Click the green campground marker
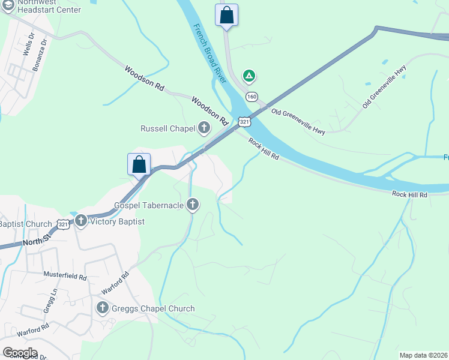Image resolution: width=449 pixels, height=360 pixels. click(x=249, y=76)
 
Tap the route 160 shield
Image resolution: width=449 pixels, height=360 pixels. click(x=252, y=97)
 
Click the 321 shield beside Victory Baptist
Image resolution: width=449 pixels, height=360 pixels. click(x=63, y=224)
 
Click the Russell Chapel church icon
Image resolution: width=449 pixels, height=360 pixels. click(x=204, y=127)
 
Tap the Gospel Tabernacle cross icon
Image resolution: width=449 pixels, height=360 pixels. click(x=193, y=205)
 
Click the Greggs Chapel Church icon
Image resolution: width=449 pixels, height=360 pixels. click(x=102, y=308)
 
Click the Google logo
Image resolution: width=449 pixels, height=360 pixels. click(x=20, y=353)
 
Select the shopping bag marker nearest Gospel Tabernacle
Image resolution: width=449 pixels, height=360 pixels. click(x=139, y=164)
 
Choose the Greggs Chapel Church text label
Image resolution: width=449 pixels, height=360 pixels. click(x=153, y=308)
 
